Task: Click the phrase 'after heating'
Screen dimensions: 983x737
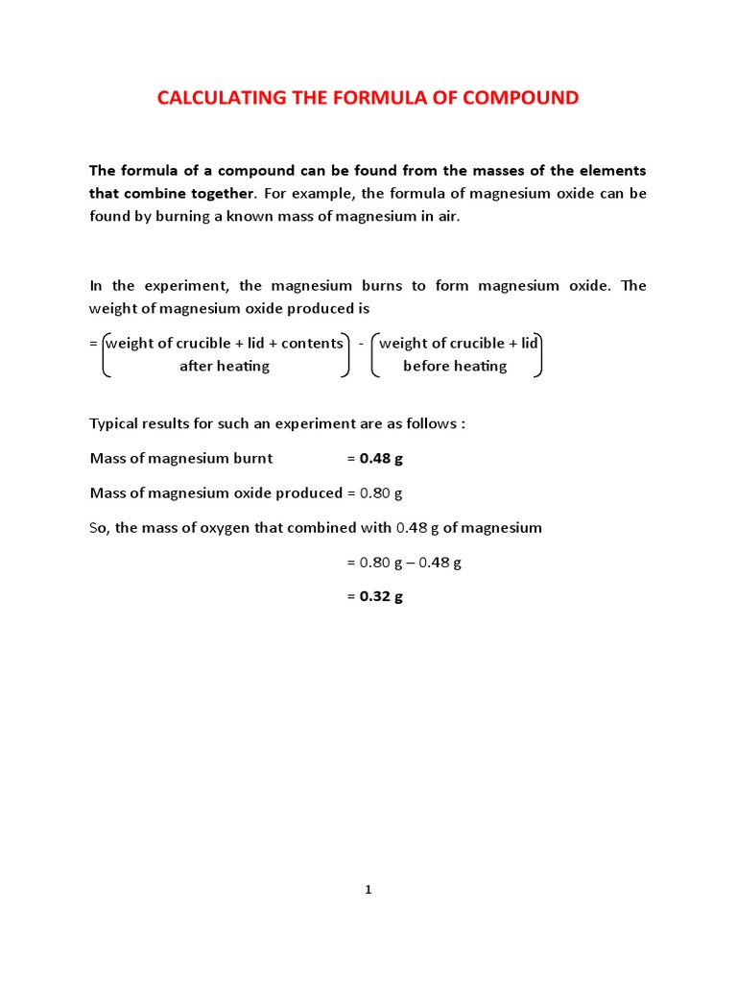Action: (x=225, y=366)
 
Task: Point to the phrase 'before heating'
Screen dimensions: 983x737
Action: (x=455, y=366)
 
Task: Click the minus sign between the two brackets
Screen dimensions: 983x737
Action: (x=361, y=344)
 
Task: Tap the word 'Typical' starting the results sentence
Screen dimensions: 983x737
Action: (x=115, y=423)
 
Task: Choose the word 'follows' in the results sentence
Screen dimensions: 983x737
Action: (x=430, y=423)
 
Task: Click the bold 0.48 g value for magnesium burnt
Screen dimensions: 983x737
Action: (x=381, y=458)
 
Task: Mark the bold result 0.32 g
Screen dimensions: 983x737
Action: (x=381, y=596)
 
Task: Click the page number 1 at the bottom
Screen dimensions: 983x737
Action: (x=368, y=890)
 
